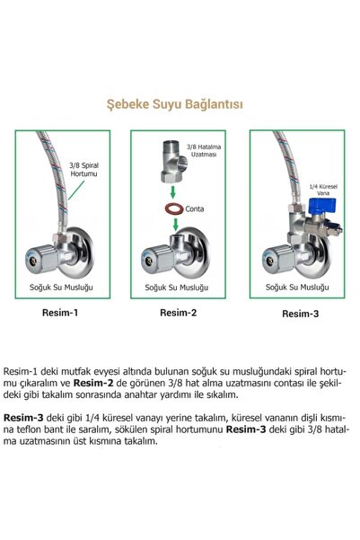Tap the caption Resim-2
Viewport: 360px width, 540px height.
point(177,314)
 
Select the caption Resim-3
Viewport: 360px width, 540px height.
point(297,314)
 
